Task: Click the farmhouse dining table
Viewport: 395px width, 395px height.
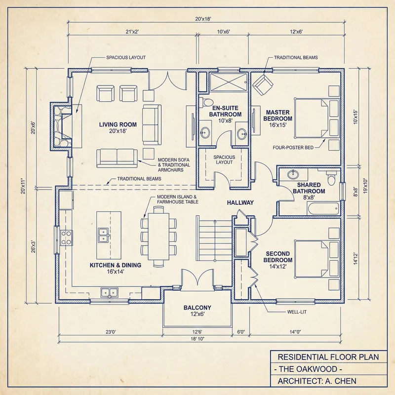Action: point(158,236)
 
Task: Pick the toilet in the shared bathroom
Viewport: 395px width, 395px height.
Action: point(331,176)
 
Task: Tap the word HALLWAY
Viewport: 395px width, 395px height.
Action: point(240,202)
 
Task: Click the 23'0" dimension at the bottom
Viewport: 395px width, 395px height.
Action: point(110,332)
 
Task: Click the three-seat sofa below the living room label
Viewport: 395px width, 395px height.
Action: point(117,157)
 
